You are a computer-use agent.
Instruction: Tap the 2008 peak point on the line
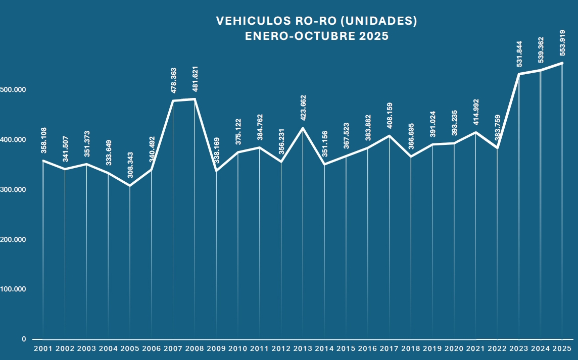pyautogui.click(x=195, y=99)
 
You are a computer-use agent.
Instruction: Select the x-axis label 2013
pyautogui.click(x=303, y=348)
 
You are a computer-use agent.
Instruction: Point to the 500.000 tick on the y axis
pyautogui.click(x=13, y=89)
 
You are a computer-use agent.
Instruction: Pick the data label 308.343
pyautogui.click(x=130, y=165)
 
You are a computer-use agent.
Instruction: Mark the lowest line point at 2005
pyautogui.click(x=130, y=186)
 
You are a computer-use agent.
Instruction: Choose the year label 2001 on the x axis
pyautogui.click(x=43, y=348)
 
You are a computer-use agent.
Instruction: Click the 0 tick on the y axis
pyautogui.click(x=24, y=339)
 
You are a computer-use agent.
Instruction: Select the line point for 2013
pyautogui.click(x=303, y=128)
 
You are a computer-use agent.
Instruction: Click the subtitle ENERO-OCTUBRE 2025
pyautogui.click(x=317, y=36)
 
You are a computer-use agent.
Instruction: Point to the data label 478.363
pyautogui.click(x=173, y=81)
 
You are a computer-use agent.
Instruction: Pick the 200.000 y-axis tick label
pyautogui.click(x=13, y=239)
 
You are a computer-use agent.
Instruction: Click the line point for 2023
pyautogui.click(x=519, y=74)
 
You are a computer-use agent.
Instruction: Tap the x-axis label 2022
pyautogui.click(x=497, y=348)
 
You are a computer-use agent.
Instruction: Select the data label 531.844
pyautogui.click(x=519, y=54)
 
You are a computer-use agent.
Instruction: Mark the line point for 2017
pyautogui.click(x=389, y=136)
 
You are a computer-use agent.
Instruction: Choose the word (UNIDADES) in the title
pyautogui.click(x=378, y=21)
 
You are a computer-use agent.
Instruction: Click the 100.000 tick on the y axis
pyautogui.click(x=13, y=289)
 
